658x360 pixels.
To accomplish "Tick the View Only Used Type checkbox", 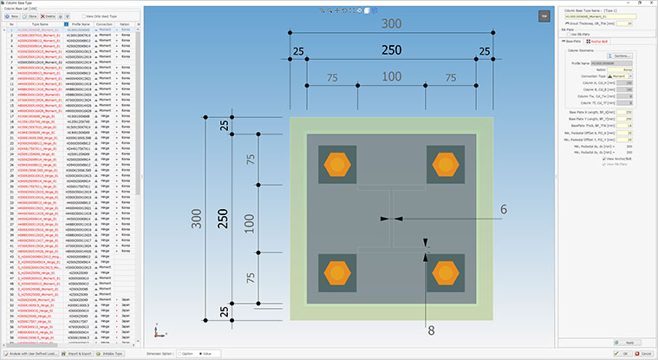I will coord(84,16).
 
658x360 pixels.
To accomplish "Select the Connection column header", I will coord(105,24).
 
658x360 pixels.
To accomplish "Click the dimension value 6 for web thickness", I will coord(502,209).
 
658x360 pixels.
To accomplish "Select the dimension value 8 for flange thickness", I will coord(430,329).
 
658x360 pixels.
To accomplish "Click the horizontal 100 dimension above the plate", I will coord(392,78).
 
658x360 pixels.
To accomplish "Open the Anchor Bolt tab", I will coord(600,41).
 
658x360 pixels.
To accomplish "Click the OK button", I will coord(625,353).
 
